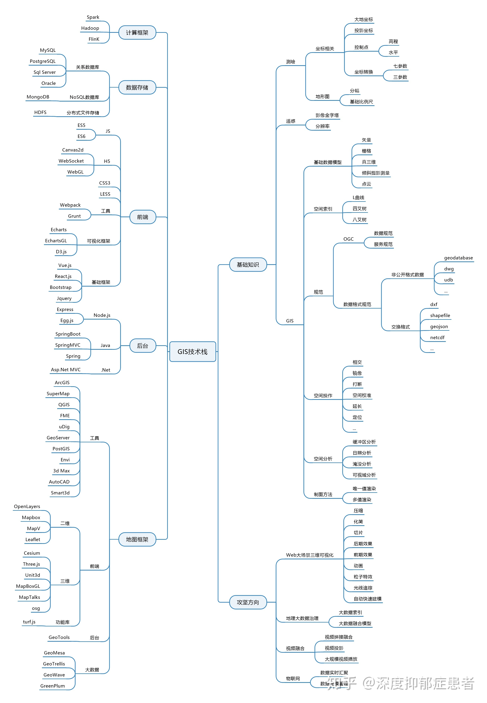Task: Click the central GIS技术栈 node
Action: point(192,351)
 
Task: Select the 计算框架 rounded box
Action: point(137,33)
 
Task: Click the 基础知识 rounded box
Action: point(248,265)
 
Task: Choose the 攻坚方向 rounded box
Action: point(248,602)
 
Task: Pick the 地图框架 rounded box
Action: point(137,539)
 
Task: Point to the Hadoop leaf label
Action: point(90,28)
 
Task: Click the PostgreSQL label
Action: point(43,61)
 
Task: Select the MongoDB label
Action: point(38,97)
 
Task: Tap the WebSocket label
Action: point(71,161)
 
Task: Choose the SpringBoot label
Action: point(68,334)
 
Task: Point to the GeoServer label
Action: point(58,437)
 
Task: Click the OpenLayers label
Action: point(27,506)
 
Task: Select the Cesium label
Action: point(32,553)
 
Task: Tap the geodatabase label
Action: point(458,258)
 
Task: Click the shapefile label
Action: point(440,315)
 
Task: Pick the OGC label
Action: point(348,239)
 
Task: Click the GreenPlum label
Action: point(53,686)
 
